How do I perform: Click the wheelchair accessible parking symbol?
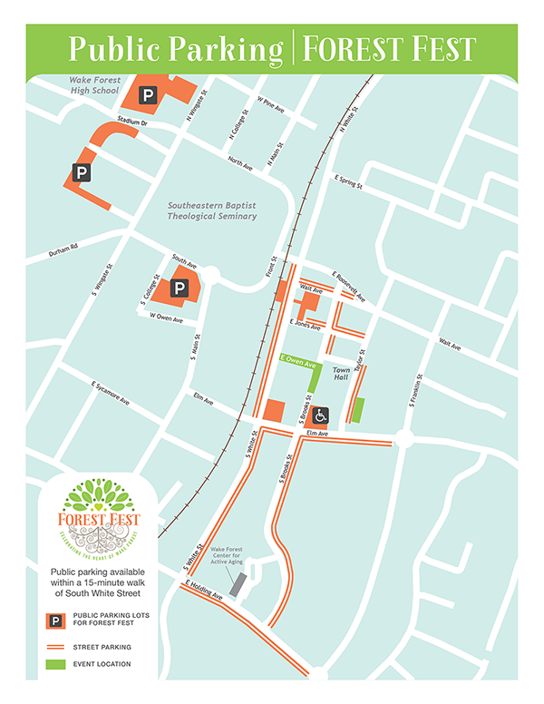pos(320,416)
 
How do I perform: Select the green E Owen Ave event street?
pos(298,361)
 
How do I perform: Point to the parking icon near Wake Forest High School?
pos(147,93)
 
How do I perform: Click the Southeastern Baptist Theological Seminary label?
pos(212,210)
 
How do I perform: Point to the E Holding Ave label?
pos(203,591)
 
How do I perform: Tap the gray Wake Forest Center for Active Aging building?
pos(236,585)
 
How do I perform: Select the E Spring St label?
pos(348,181)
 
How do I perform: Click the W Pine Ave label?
pos(270,105)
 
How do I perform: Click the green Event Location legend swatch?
pos(55,664)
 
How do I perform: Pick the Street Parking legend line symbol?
pos(55,647)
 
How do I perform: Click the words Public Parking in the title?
pos(176,48)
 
